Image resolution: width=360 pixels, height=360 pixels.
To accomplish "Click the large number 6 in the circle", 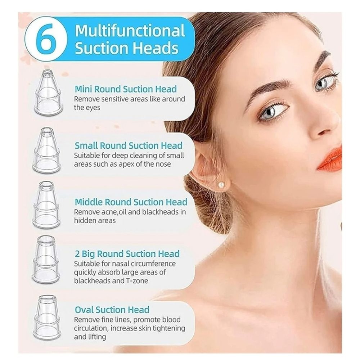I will click(x=46, y=39).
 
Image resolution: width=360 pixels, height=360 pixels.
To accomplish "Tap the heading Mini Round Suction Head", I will click(x=126, y=89).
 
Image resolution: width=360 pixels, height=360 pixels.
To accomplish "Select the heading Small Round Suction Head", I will click(x=129, y=145).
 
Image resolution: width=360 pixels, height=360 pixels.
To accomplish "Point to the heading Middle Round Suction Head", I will click(x=131, y=202).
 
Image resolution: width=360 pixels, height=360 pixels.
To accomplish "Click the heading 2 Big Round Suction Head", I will click(x=127, y=253).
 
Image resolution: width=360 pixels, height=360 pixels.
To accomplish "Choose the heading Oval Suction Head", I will click(x=112, y=310).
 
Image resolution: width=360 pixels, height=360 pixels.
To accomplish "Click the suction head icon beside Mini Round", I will click(x=48, y=93).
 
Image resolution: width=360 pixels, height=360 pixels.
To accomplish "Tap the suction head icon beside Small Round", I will click(x=46, y=150).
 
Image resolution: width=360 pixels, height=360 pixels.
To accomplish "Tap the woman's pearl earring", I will click(x=221, y=185).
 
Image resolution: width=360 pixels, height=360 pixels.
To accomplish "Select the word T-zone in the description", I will click(x=135, y=281).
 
